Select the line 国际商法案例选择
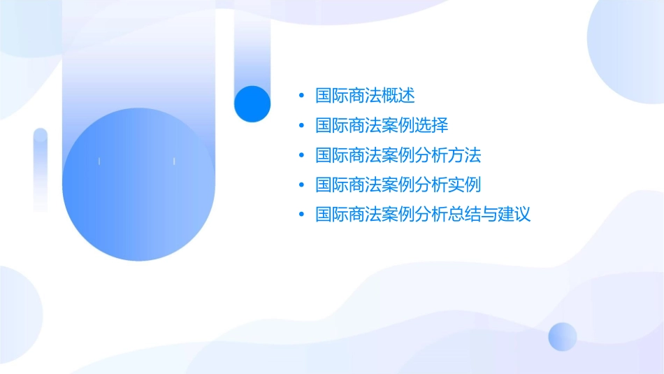(x=382, y=125)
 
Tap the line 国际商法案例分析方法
(x=398, y=155)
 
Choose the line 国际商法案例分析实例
(x=398, y=185)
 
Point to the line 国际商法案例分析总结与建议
(x=423, y=215)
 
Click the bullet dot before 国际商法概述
(x=301, y=95)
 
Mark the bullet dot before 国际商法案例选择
(x=301, y=125)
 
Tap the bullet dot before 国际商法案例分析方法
(x=301, y=155)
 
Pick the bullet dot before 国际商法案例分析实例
(x=301, y=185)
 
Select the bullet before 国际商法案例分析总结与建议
(x=301, y=215)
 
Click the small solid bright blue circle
(x=252, y=103)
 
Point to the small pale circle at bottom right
(x=563, y=336)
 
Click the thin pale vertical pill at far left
(x=41, y=169)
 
